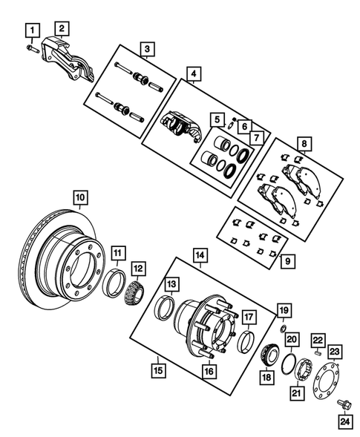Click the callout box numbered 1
(x=31, y=30)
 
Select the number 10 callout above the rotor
(x=79, y=197)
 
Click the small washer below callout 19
(x=283, y=327)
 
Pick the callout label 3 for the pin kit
(x=148, y=50)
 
